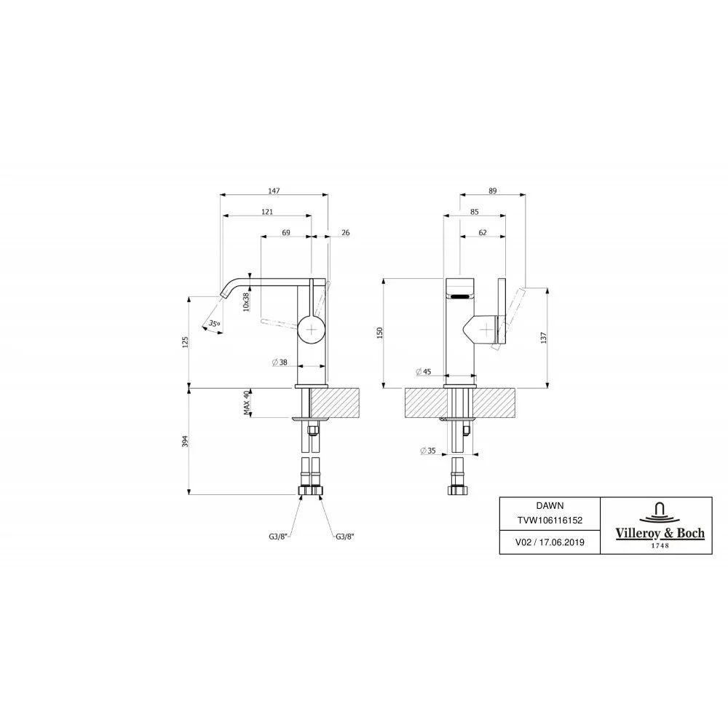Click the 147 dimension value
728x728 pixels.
[x=274, y=191]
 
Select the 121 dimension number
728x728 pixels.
[x=267, y=212]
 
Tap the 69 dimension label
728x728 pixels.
[x=286, y=233]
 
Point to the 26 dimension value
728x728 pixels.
[x=345, y=233]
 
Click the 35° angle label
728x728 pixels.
[x=214, y=324]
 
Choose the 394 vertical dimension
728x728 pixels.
[x=185, y=441]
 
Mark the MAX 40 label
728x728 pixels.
[x=247, y=403]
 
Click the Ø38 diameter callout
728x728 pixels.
[x=280, y=362]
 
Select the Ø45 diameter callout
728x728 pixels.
[x=424, y=371]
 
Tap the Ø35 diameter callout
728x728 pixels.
[x=427, y=451]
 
